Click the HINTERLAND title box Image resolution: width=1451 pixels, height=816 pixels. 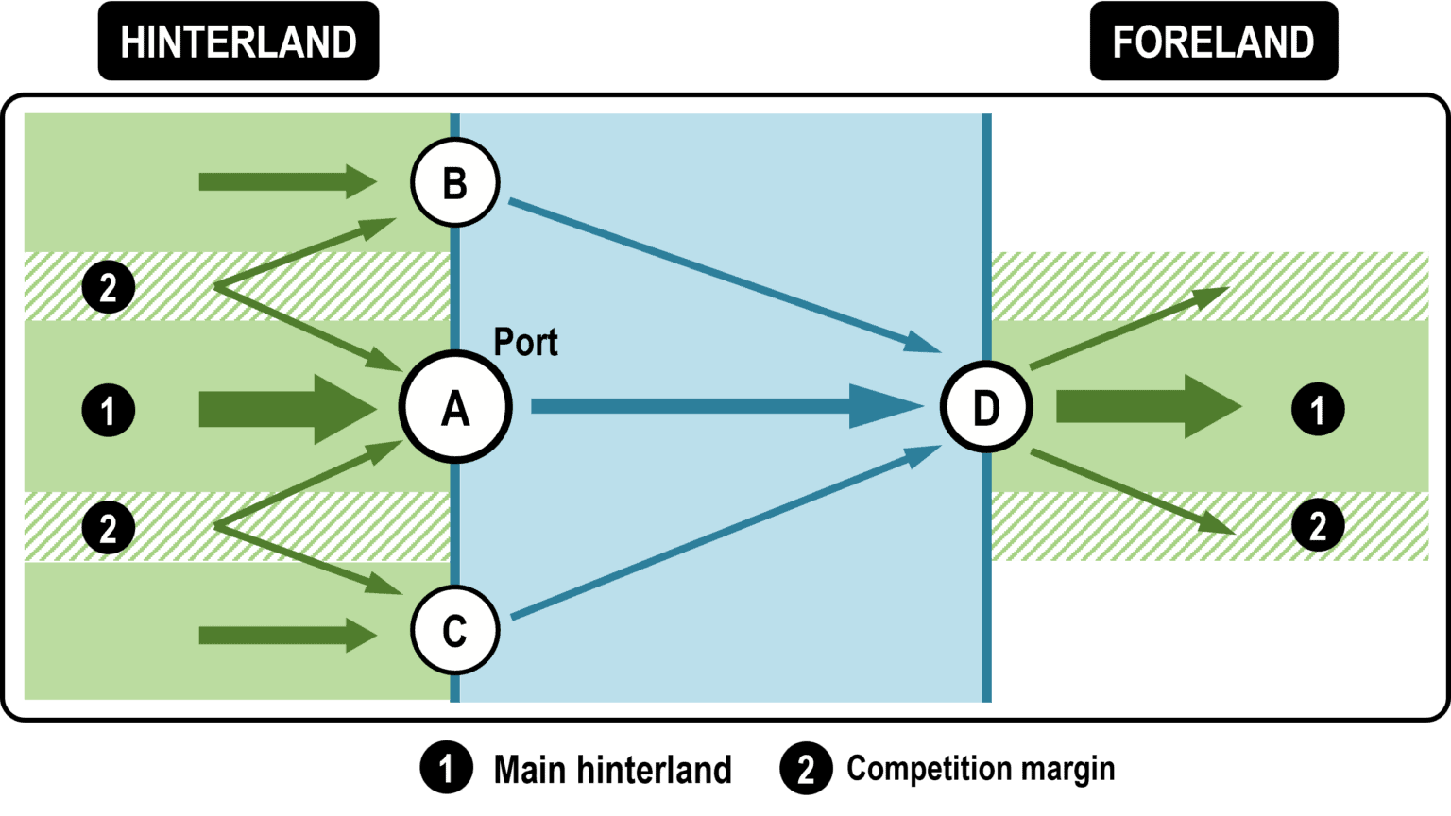click(x=238, y=42)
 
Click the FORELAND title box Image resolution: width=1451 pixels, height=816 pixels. click(x=1213, y=42)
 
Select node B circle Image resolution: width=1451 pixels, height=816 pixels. click(x=454, y=182)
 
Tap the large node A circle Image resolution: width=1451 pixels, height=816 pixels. click(x=455, y=407)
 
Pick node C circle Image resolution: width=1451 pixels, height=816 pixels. click(x=454, y=630)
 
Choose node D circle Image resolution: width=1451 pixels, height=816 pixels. click(x=985, y=407)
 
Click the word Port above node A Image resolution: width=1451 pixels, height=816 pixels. click(x=525, y=342)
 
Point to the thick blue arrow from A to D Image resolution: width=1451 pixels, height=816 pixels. click(x=718, y=406)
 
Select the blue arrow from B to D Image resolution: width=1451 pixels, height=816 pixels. click(x=718, y=273)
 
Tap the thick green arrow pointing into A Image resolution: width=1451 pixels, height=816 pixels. click(x=283, y=408)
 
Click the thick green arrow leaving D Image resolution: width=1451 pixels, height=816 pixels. click(x=1143, y=407)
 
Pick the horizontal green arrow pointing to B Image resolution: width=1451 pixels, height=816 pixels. click(x=283, y=180)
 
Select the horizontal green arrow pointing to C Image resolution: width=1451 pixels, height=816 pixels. click(x=283, y=635)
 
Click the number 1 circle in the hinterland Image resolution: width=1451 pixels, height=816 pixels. click(x=109, y=410)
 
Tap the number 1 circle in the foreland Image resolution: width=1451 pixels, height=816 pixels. click(x=1318, y=409)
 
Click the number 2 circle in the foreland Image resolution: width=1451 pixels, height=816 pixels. click(x=1318, y=525)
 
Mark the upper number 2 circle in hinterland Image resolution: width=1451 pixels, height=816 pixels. click(x=109, y=286)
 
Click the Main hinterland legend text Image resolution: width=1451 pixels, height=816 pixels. click(x=612, y=770)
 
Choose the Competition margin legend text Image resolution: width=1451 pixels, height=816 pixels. click(x=980, y=769)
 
